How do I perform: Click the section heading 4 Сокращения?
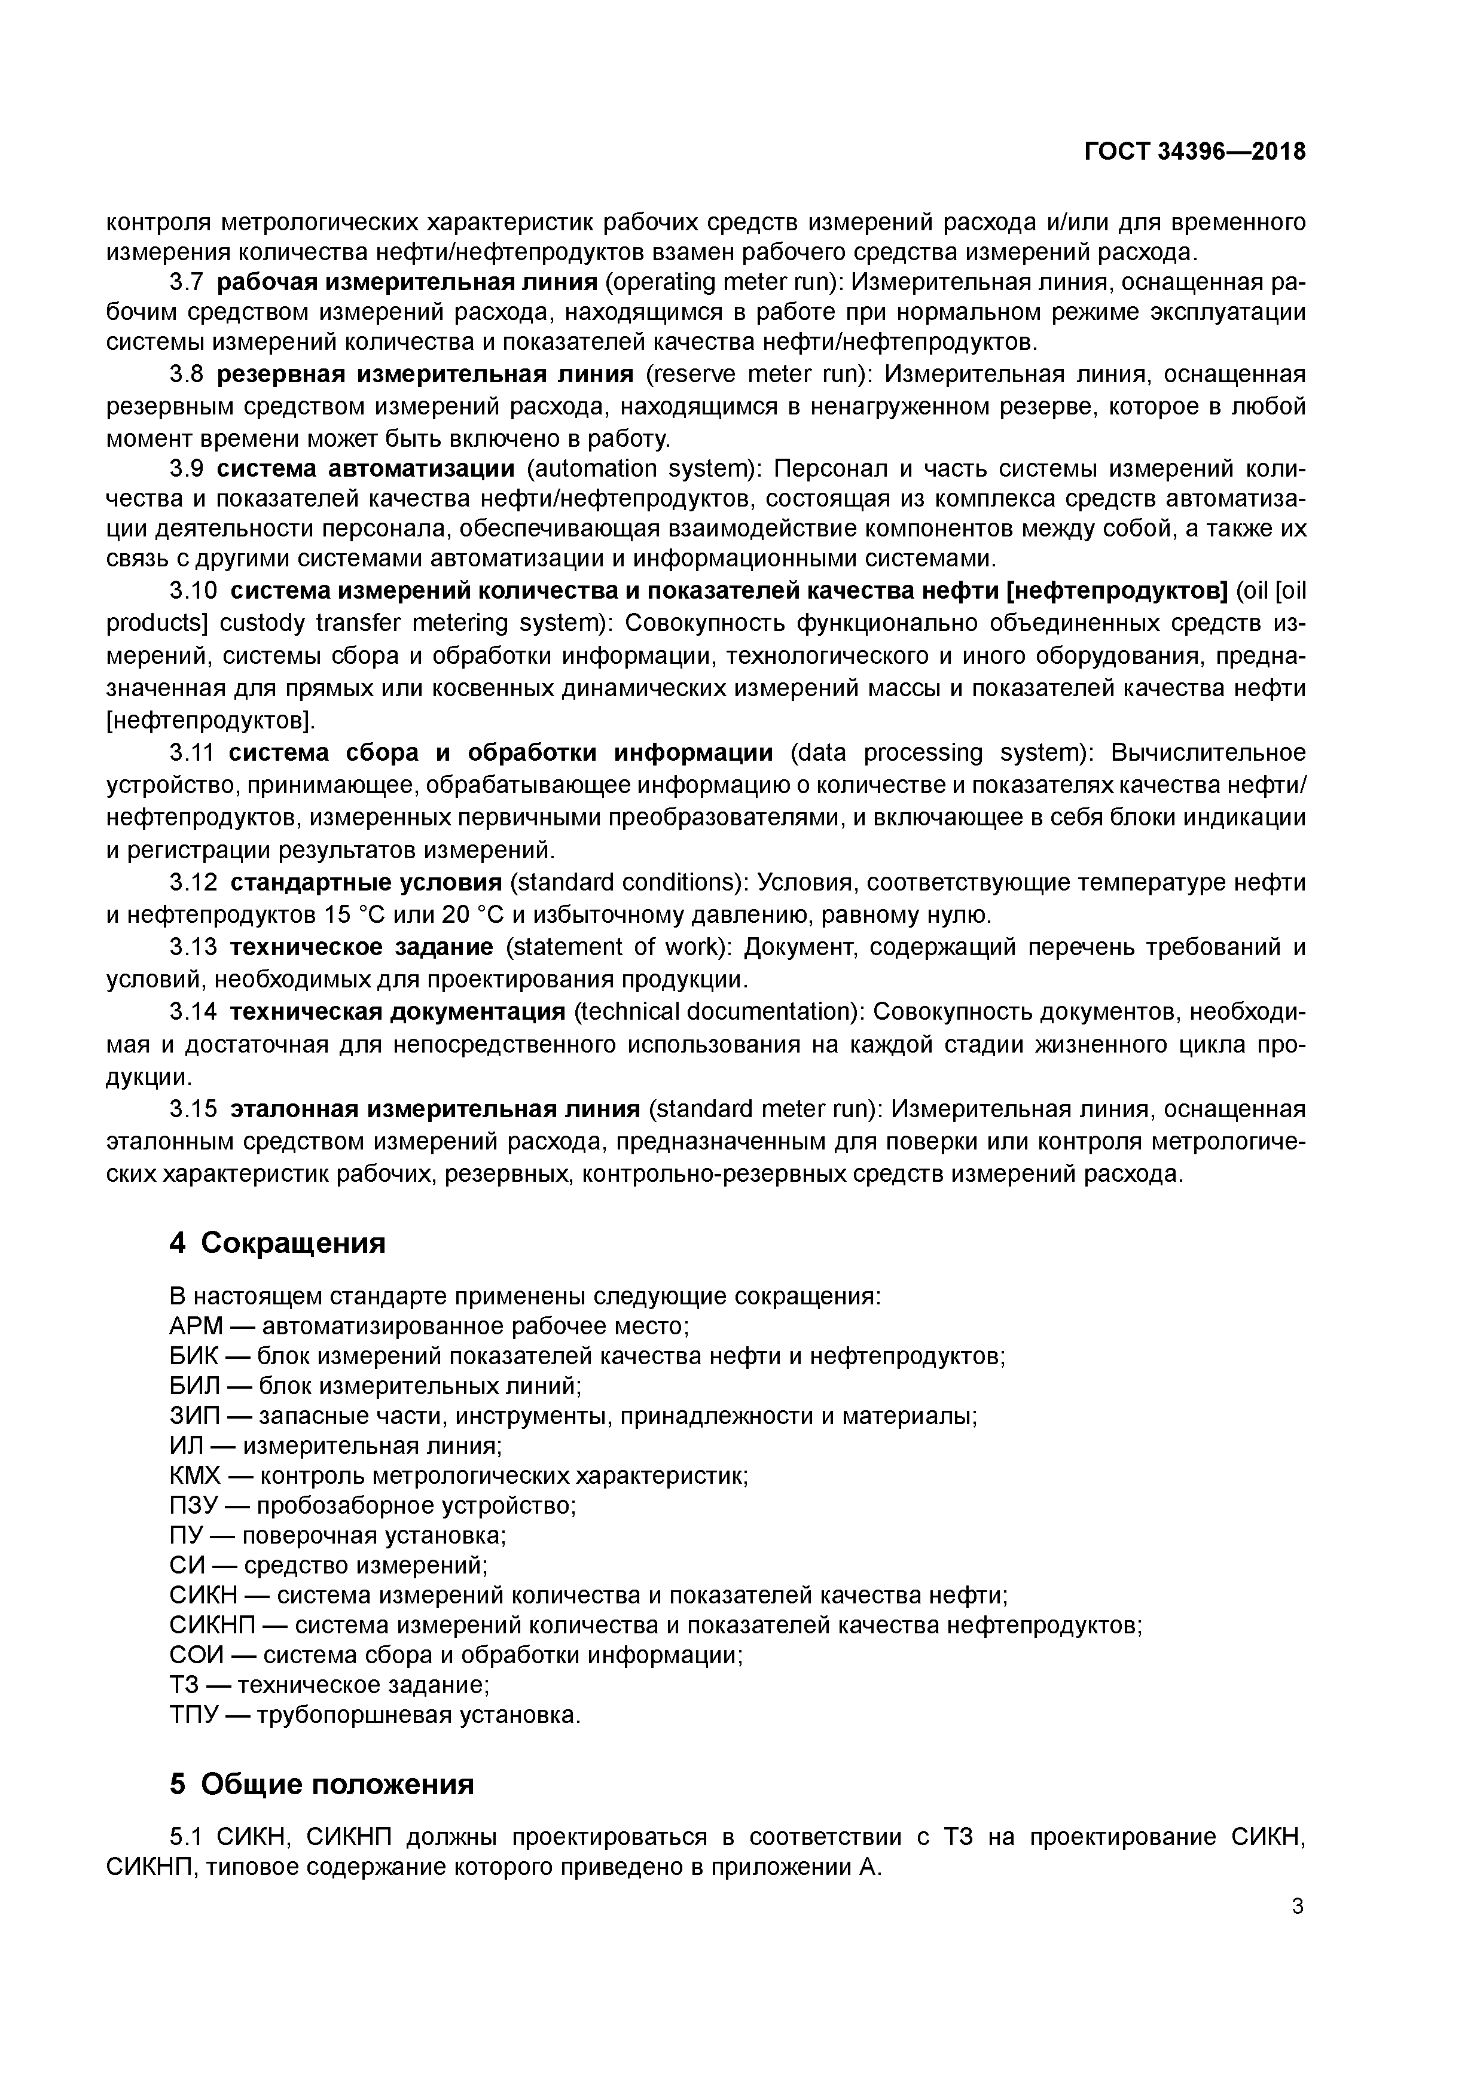(278, 1243)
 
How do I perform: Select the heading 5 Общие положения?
(322, 1785)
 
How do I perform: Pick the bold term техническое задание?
(361, 947)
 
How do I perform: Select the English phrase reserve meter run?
(758, 374)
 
